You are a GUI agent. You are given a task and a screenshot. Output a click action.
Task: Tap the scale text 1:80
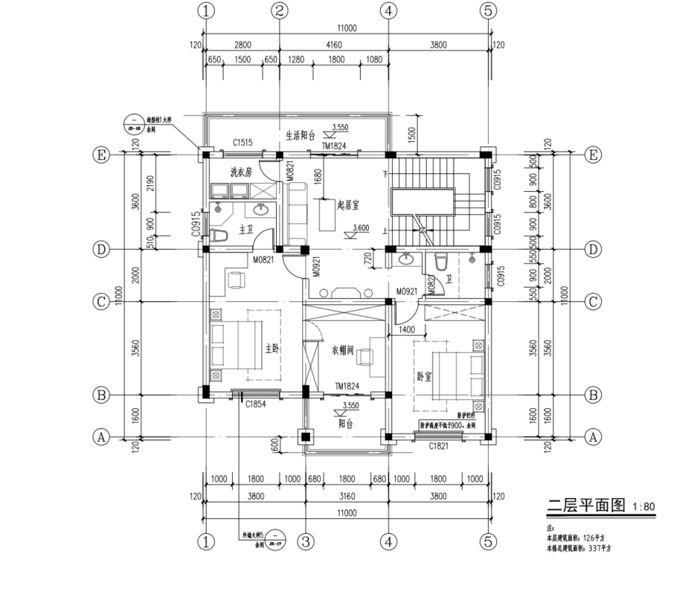click(644, 509)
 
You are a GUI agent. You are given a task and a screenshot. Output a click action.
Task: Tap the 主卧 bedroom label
click(272, 347)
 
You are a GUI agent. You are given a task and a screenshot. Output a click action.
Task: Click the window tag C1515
click(242, 141)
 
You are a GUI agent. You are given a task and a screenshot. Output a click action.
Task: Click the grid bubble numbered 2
click(280, 10)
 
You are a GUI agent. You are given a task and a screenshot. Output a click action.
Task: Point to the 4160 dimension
click(333, 45)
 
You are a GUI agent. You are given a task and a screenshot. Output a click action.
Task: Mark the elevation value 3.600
click(361, 228)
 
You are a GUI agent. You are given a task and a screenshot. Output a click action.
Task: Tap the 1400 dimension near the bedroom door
click(407, 328)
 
